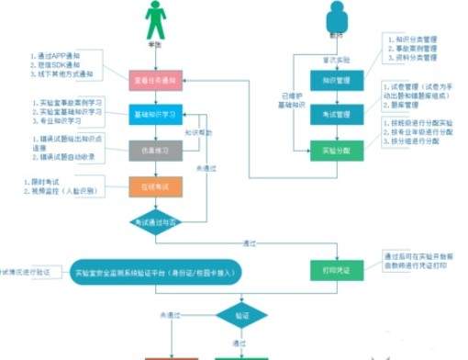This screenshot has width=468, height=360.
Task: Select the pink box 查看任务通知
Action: [158, 81]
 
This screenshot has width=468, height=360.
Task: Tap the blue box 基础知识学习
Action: [158, 114]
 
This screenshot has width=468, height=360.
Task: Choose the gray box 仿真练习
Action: [158, 149]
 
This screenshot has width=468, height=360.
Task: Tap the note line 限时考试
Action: [40, 181]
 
